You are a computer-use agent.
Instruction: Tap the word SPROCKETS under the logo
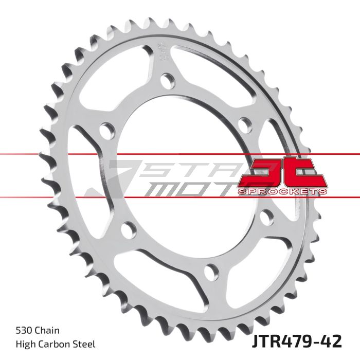click(x=282, y=191)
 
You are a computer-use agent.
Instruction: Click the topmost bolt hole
click(x=167, y=81)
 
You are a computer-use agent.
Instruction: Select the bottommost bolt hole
click(x=211, y=271)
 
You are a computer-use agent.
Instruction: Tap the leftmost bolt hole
click(x=106, y=131)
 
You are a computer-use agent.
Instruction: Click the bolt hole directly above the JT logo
click(x=245, y=123)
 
